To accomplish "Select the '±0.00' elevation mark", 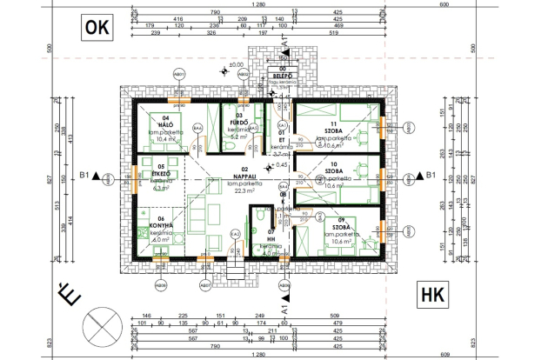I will tap(235, 65).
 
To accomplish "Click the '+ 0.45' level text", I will tap(279, 165).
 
